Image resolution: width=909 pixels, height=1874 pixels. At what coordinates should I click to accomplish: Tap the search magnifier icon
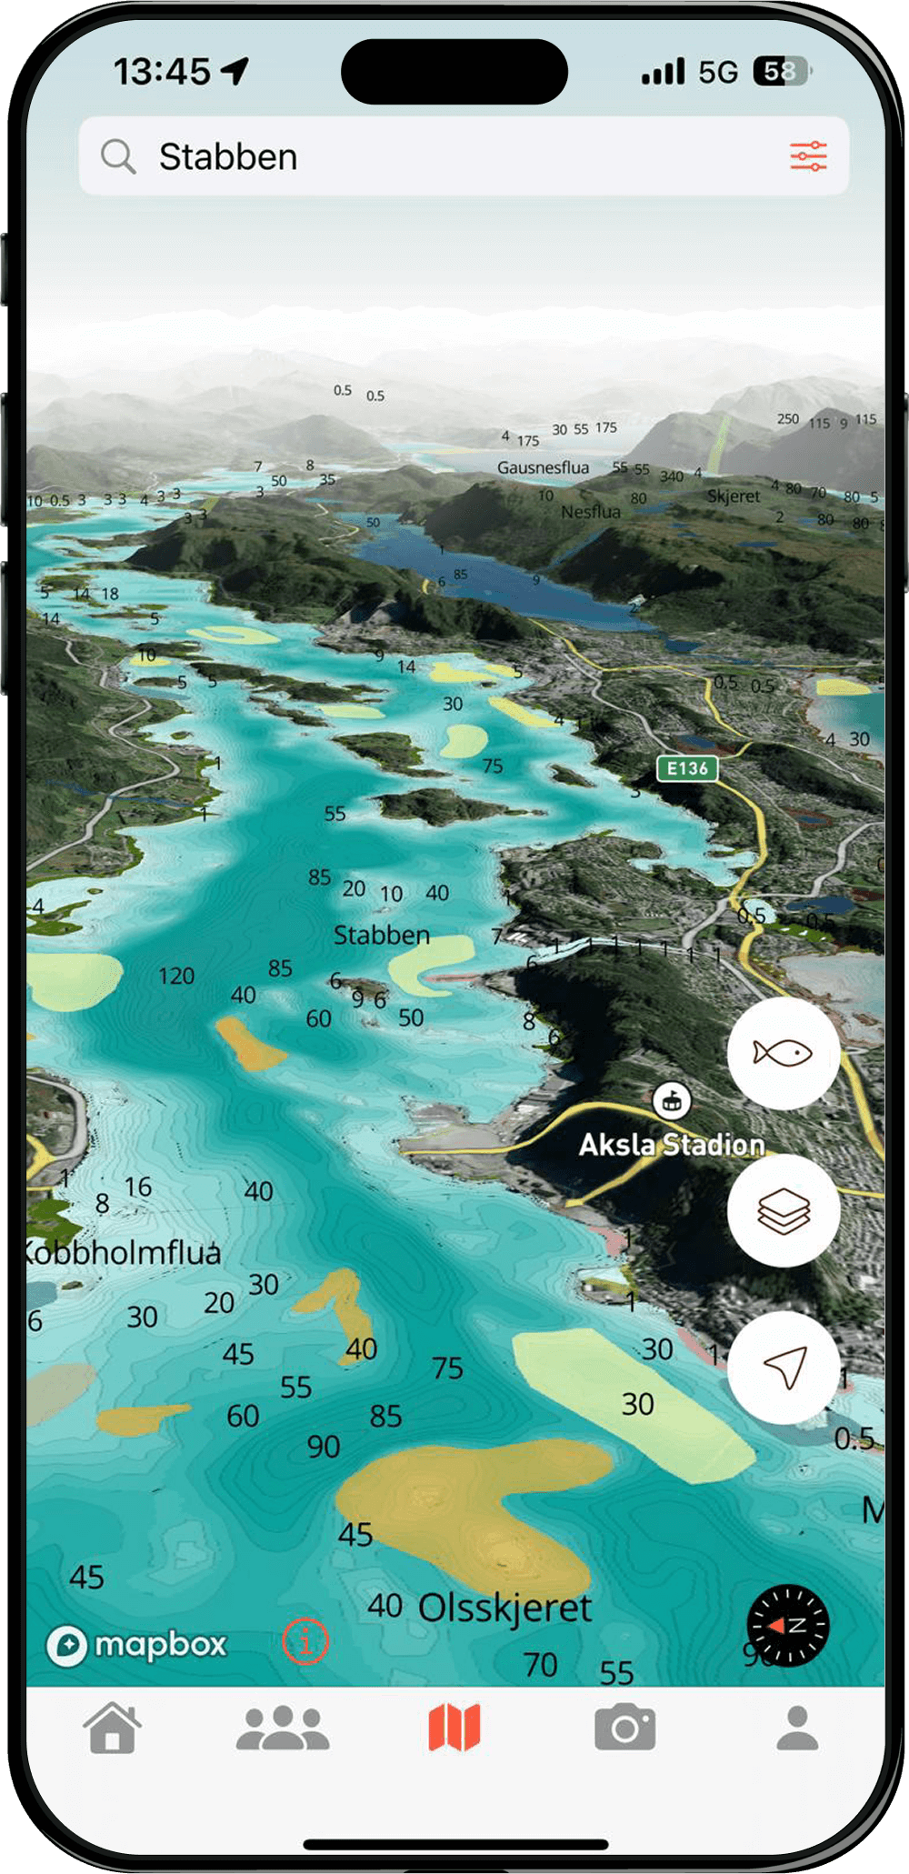(x=118, y=156)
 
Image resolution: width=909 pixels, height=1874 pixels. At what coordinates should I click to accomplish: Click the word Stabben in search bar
(x=228, y=157)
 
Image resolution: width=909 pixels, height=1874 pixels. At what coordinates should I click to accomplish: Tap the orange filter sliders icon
(x=808, y=156)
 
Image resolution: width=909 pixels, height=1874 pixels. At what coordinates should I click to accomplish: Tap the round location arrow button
(x=784, y=1368)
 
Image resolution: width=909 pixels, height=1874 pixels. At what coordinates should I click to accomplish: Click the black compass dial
(x=788, y=1626)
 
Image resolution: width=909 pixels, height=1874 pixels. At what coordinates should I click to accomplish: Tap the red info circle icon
(x=305, y=1642)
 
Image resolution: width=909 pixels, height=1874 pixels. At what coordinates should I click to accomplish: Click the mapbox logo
(x=136, y=1645)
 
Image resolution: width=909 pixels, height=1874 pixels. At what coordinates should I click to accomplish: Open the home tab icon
(x=113, y=1728)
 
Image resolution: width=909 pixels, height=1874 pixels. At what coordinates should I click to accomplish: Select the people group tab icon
(x=283, y=1728)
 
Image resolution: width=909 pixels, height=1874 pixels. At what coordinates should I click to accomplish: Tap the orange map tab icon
(x=454, y=1728)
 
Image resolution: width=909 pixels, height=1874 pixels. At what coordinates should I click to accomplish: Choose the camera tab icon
(x=625, y=1728)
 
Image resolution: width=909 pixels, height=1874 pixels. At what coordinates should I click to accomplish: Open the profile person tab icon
(x=797, y=1728)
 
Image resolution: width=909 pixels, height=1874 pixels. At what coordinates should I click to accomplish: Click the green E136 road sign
(x=687, y=768)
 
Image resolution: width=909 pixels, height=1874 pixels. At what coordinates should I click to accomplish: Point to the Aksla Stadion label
(x=672, y=1144)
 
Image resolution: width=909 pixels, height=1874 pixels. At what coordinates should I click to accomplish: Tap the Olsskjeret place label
(x=504, y=1608)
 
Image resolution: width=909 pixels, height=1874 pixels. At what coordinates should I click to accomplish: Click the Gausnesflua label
(x=543, y=467)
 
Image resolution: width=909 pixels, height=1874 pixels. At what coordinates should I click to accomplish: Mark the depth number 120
(x=176, y=977)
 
